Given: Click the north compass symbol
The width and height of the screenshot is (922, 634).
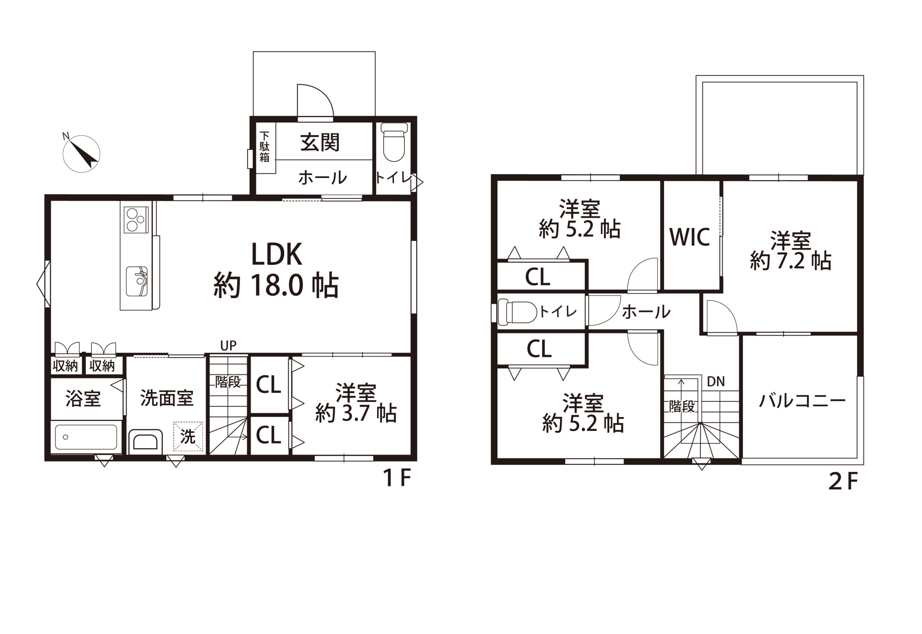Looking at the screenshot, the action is [x=81, y=153].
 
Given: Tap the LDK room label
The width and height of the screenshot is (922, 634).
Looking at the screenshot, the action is [x=277, y=255].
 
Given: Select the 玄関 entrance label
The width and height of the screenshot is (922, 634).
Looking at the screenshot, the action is [x=320, y=142].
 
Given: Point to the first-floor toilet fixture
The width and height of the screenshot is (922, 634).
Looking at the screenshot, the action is [x=394, y=142].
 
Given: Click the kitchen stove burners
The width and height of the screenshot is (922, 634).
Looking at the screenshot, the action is [x=136, y=220].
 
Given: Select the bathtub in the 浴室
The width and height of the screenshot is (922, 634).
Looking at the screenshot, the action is [x=86, y=437].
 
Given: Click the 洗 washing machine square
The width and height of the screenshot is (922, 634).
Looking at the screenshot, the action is [x=188, y=436].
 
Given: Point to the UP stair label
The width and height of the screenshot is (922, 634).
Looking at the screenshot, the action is [x=228, y=345].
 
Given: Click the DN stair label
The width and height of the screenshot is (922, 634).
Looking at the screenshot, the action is [x=716, y=382].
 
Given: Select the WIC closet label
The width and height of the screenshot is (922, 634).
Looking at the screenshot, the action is [x=690, y=237].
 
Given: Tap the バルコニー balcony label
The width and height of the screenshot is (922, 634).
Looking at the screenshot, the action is [x=802, y=401].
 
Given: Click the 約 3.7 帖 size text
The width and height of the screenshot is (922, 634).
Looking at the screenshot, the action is [x=356, y=413].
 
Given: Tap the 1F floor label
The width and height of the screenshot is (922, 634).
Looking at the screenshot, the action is [x=396, y=478].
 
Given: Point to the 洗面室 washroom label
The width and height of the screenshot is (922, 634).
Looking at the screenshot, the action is [x=167, y=398].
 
